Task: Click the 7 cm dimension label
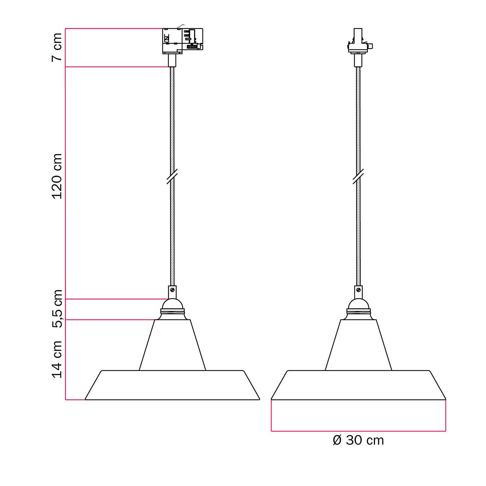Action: click(57, 47)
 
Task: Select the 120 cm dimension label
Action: click(57, 177)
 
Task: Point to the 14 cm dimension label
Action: click(57, 359)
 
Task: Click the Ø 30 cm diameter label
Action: click(358, 440)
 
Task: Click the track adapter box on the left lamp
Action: click(182, 40)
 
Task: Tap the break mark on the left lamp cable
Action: click(172, 176)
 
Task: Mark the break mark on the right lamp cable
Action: click(358, 176)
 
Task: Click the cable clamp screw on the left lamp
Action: click(173, 289)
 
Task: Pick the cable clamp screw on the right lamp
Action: click(359, 289)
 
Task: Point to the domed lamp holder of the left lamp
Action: click(172, 304)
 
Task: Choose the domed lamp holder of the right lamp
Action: click(358, 304)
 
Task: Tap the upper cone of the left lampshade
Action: click(172, 345)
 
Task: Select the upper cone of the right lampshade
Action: click(358, 345)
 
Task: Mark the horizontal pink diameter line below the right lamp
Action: click(358, 431)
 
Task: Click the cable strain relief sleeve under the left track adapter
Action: click(172, 60)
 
